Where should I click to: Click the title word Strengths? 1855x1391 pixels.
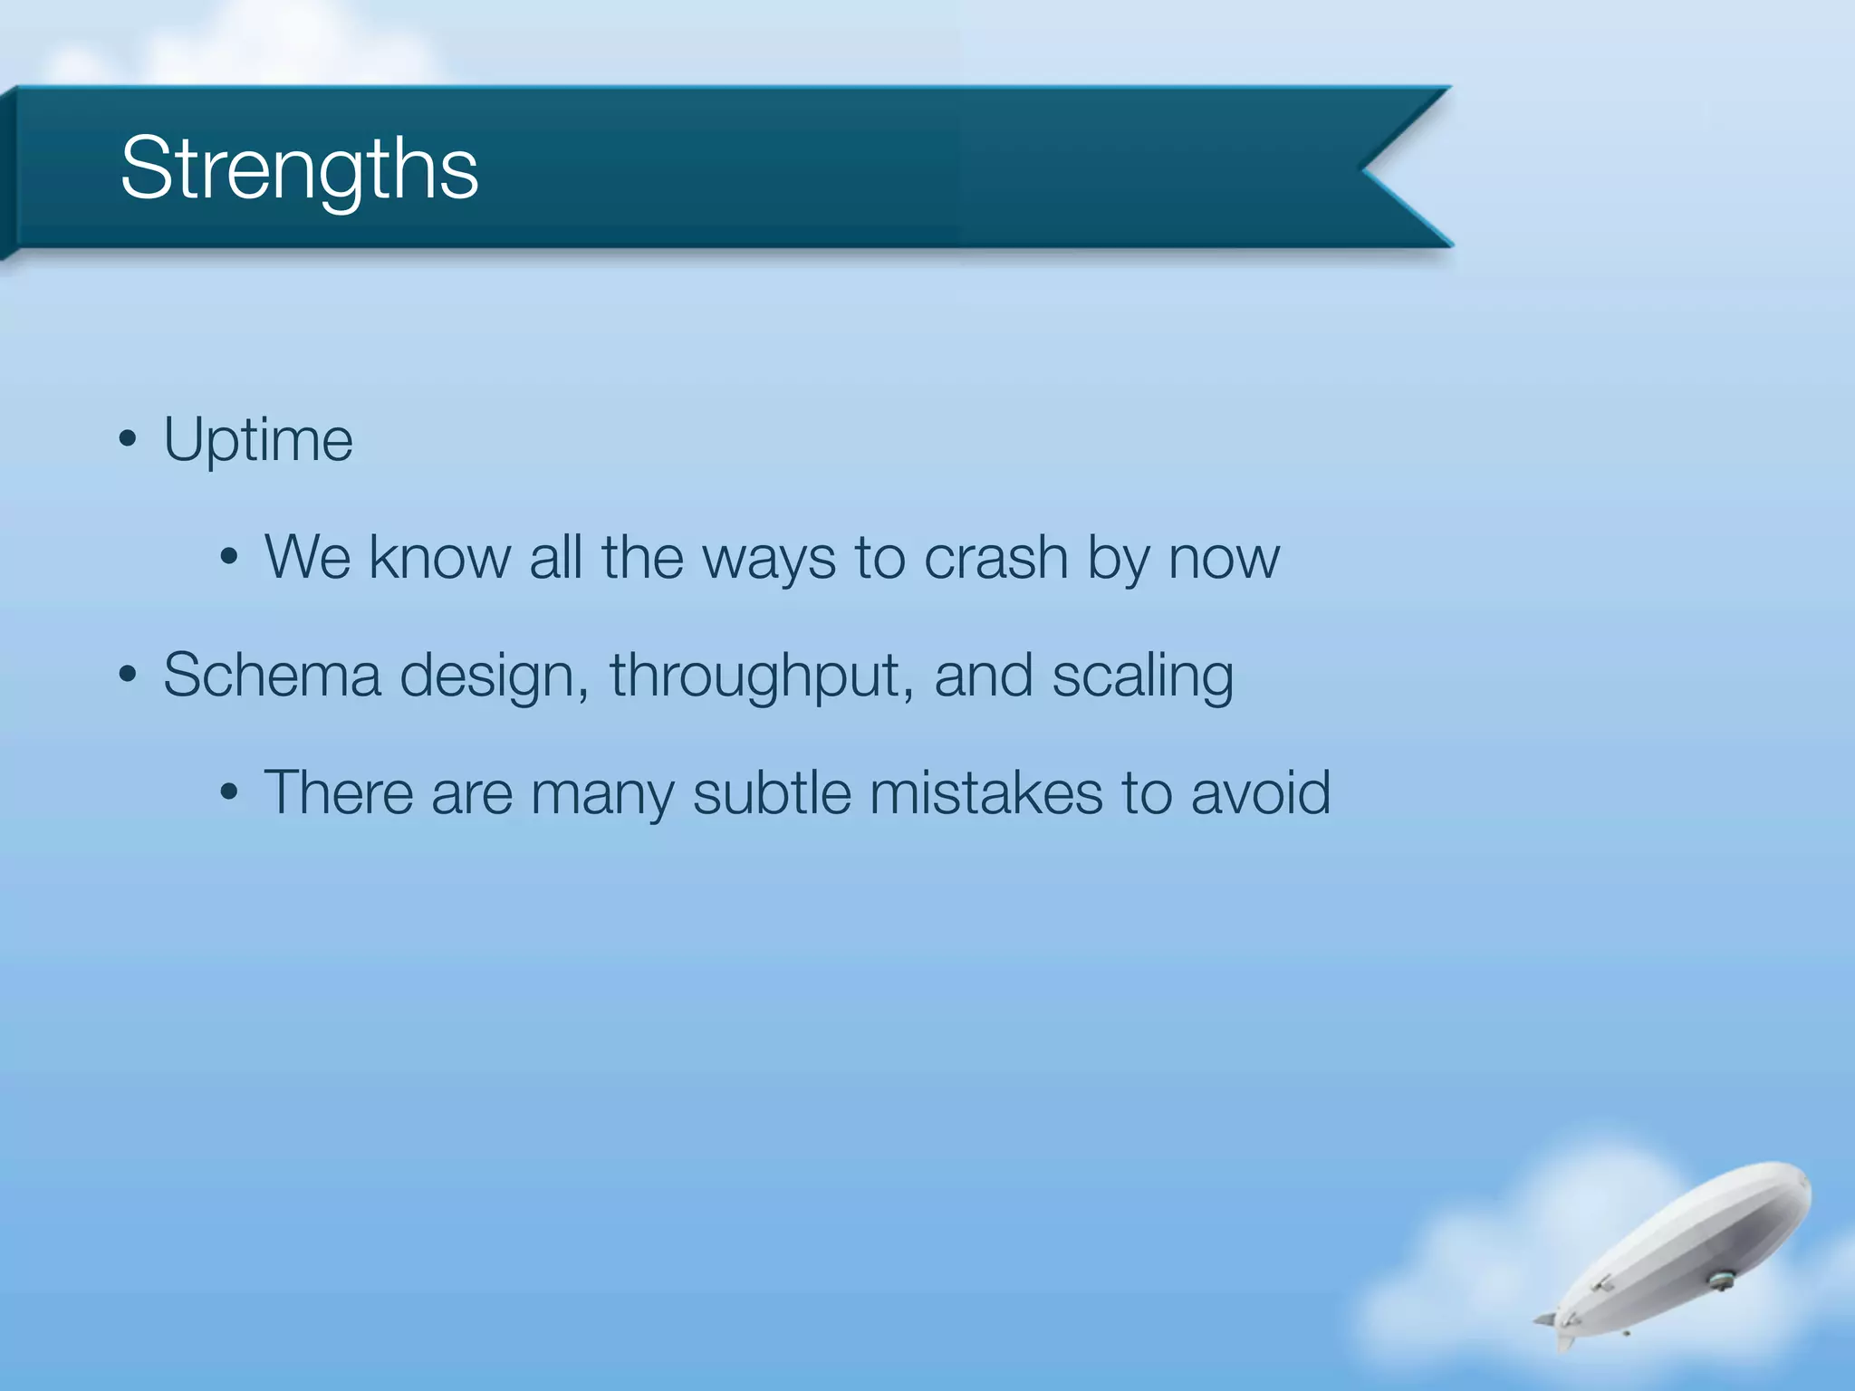click(299, 168)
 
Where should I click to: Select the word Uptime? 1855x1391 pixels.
click(258, 440)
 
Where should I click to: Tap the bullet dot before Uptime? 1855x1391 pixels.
click(128, 441)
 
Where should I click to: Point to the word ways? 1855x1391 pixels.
click(769, 559)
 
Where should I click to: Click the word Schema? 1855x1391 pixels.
click(272, 676)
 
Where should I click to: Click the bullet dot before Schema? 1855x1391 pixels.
click(128, 675)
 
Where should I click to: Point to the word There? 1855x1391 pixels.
click(338, 792)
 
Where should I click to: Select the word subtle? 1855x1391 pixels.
click(771, 792)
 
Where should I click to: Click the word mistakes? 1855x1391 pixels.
click(985, 792)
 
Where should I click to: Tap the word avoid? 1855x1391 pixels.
click(1260, 792)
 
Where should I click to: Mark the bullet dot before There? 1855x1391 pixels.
click(229, 793)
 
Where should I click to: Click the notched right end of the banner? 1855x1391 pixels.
click(1395, 168)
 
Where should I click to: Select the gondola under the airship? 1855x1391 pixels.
click(1720, 1281)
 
